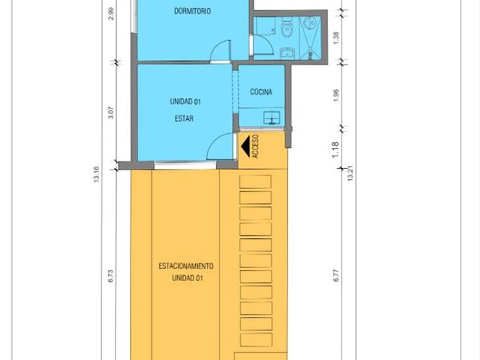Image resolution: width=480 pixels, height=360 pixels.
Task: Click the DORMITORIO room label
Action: coord(192,11)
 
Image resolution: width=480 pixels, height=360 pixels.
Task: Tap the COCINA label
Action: coord(261,91)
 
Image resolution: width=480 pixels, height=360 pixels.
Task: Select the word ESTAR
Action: coord(184,118)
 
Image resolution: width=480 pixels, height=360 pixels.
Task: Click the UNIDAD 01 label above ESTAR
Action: coord(185,102)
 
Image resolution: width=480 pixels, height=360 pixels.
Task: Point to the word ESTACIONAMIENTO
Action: coord(186,266)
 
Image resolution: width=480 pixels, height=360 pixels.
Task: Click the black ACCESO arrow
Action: coord(246,146)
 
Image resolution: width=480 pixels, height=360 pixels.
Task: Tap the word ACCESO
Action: coord(256,147)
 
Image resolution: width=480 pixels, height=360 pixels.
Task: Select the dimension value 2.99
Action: coord(111,13)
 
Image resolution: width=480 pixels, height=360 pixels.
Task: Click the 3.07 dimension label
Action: coord(111,112)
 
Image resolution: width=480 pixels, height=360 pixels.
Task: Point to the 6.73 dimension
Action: coord(111,276)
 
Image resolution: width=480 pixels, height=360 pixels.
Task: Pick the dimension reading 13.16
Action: coord(97,175)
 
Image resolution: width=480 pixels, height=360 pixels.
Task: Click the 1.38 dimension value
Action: coord(336,38)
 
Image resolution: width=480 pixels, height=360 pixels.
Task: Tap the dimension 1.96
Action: coord(336,95)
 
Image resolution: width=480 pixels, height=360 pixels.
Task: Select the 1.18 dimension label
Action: coord(336,150)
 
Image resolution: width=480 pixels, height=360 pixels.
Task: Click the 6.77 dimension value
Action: coord(336,275)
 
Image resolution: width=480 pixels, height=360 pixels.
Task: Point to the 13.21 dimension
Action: coord(351,173)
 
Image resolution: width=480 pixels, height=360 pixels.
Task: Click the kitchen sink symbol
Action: coord(272,118)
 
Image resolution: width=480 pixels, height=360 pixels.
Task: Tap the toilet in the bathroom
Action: coord(287,26)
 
